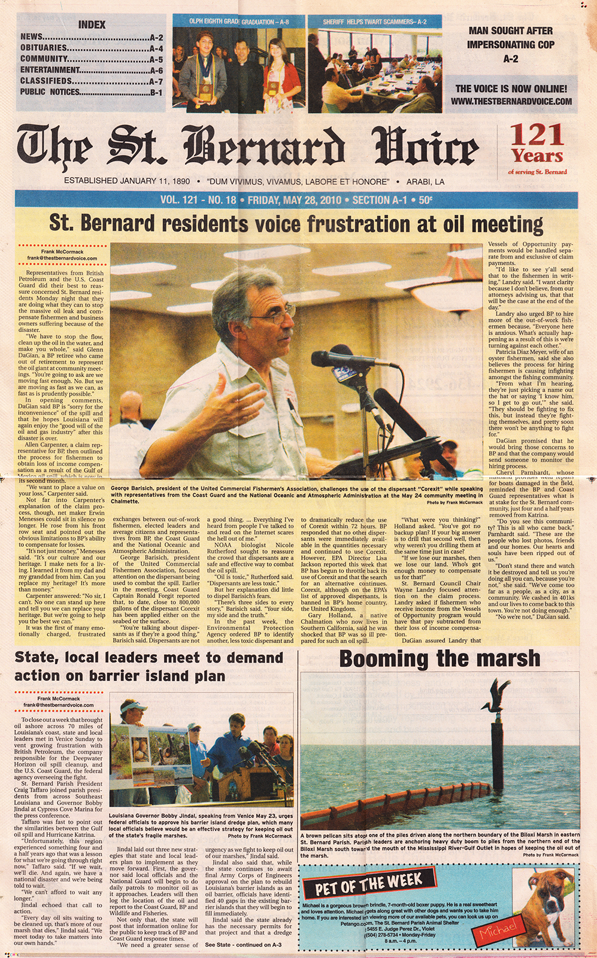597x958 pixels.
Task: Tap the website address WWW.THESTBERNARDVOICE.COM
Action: [511, 102]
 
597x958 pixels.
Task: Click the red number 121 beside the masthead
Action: [536, 135]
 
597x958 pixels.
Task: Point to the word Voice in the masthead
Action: [425, 150]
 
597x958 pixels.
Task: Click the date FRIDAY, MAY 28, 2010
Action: [294, 200]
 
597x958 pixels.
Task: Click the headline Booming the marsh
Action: [440, 659]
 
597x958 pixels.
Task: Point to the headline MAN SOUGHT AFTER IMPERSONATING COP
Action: [510, 44]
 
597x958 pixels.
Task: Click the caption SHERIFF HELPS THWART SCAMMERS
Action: [375, 22]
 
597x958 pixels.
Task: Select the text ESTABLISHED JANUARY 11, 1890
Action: [127, 181]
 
